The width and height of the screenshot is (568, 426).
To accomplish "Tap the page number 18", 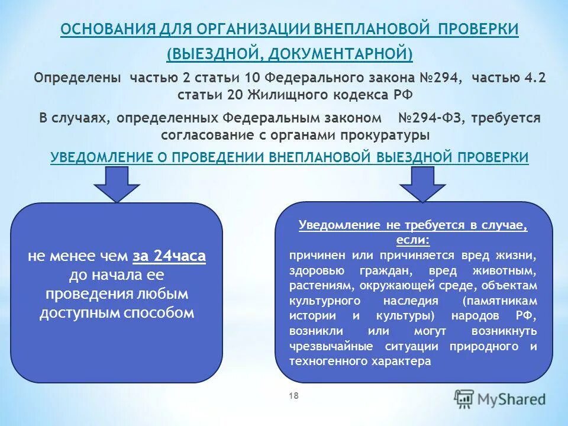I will pos(293,396).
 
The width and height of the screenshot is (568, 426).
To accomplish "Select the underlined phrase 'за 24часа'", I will pos(169,256).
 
